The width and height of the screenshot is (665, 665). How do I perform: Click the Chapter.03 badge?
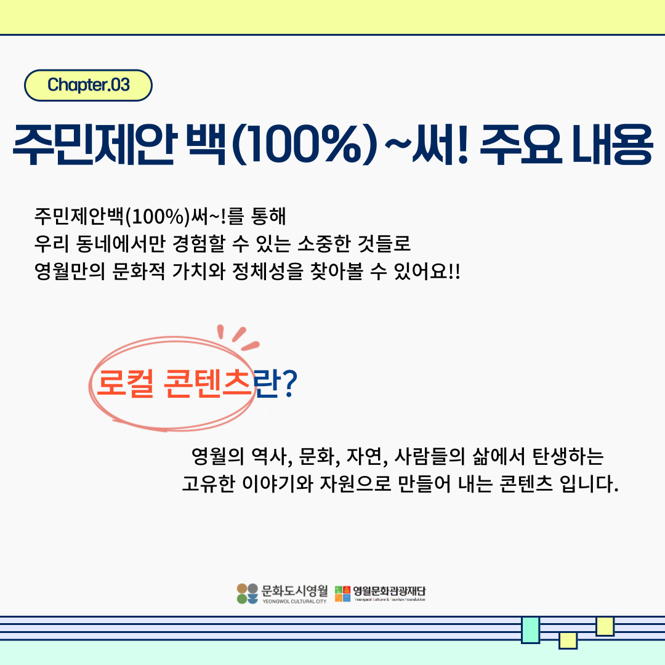(x=88, y=85)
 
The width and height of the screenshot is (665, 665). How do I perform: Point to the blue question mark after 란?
(x=289, y=385)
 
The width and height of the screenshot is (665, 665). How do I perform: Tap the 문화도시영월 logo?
(x=282, y=593)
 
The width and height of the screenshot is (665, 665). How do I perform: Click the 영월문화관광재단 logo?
(x=381, y=593)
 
